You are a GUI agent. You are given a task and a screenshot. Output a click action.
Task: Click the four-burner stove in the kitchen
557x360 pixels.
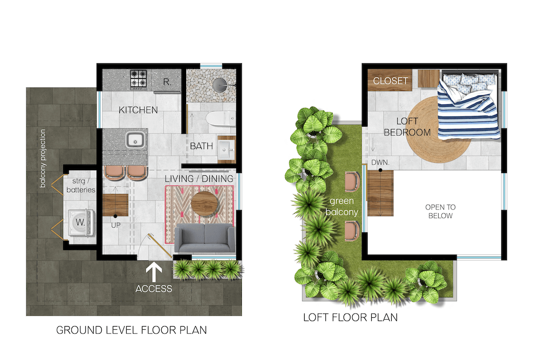138,79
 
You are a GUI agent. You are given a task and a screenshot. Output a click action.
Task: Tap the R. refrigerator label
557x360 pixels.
167,82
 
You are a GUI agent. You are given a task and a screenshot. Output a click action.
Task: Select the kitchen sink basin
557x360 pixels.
135,140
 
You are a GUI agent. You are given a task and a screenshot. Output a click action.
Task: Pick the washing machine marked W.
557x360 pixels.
81,223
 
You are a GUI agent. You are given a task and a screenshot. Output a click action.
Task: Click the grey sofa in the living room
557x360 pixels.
205,238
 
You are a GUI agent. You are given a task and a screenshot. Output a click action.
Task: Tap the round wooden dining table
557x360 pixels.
204,204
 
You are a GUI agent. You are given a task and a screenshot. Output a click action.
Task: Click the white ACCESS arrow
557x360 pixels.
154,272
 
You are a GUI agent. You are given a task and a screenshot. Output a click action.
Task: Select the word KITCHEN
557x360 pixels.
138,110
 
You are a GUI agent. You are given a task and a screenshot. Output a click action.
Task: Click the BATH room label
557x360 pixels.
201,146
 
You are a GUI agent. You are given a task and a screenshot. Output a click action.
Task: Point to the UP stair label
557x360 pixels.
116,225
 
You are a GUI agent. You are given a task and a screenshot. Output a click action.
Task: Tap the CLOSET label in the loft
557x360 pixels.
390,81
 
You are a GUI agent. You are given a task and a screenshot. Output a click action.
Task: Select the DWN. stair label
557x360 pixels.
380,162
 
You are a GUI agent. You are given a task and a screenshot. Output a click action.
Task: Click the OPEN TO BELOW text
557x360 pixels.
440,212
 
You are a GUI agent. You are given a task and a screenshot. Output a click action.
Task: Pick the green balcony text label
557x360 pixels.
342,207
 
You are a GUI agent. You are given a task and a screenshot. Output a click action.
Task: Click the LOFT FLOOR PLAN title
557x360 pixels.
350,317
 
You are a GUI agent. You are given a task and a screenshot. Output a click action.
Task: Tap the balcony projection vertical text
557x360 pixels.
43,158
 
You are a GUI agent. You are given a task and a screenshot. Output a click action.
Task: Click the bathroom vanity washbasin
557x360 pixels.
227,149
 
